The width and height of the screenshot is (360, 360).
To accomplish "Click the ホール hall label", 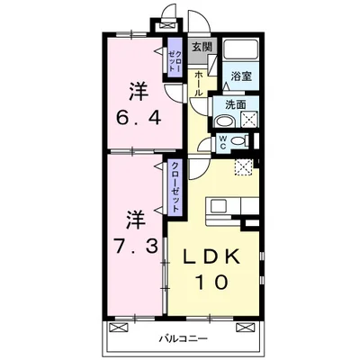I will pyautogui.click(x=198, y=85).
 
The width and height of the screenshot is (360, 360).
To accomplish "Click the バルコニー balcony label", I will pyautogui.click(x=184, y=339).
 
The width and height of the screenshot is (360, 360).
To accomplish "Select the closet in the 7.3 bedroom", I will pyautogui.click(x=175, y=188).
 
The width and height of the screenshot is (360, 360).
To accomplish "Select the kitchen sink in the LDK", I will pyautogui.click(x=220, y=206).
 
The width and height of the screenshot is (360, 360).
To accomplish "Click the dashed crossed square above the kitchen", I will pyautogui.click(x=242, y=166).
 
